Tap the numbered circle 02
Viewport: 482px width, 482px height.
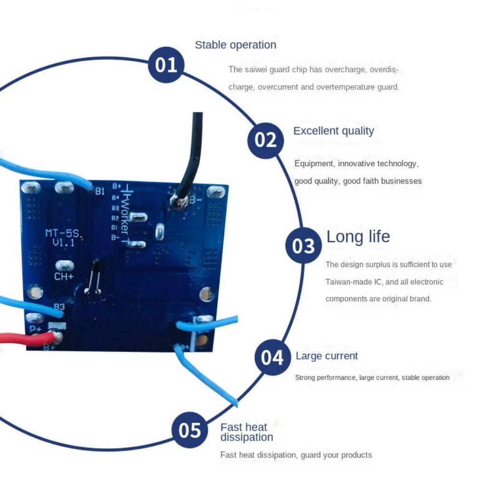click(x=266, y=140)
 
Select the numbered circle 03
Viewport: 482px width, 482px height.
click(x=304, y=246)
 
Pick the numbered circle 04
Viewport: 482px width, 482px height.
click(x=272, y=358)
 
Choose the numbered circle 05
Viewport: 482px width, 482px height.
click(x=190, y=429)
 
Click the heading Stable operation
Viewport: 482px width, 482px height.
click(x=235, y=45)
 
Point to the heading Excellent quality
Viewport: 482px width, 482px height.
click(x=334, y=131)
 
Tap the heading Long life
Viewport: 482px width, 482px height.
click(x=358, y=237)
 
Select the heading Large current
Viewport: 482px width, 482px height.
click(x=327, y=356)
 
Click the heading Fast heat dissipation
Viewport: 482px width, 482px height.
click(x=246, y=432)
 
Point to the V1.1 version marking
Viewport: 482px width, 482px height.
click(x=64, y=243)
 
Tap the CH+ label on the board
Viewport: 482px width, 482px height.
click(x=64, y=277)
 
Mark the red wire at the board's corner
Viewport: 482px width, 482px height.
click(x=24, y=339)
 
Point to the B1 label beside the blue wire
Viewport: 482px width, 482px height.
click(x=100, y=191)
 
